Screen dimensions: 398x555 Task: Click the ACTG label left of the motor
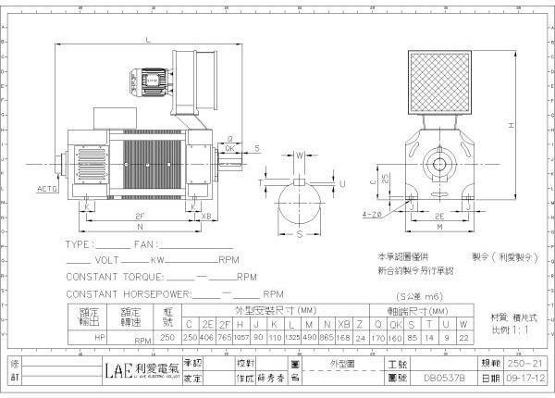tap(46, 188)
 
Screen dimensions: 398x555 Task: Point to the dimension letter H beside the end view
tap(511, 124)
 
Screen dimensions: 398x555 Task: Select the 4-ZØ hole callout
tap(373, 214)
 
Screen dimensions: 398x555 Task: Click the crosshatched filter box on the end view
tap(439, 81)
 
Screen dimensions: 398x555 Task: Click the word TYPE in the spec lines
tap(79, 245)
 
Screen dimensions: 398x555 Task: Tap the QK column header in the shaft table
tap(395, 324)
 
